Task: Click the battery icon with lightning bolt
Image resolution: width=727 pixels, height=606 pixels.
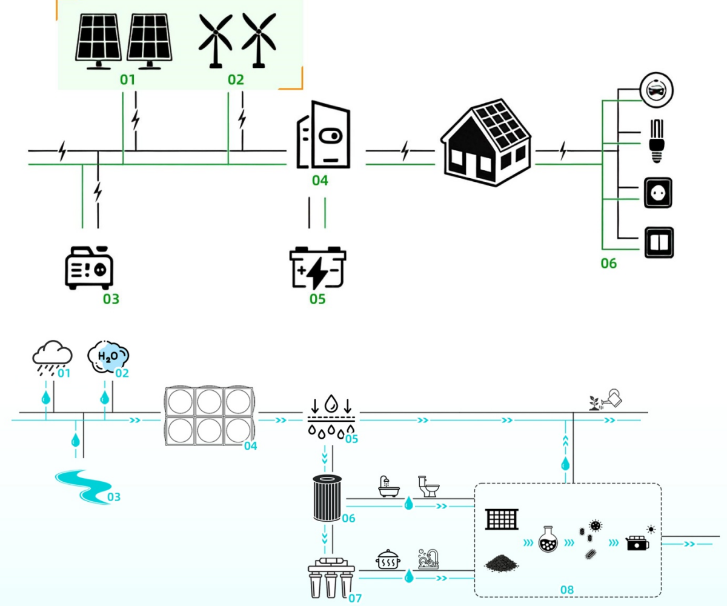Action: pyautogui.click(x=318, y=268)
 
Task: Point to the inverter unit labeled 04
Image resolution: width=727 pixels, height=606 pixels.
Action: pyautogui.click(x=322, y=135)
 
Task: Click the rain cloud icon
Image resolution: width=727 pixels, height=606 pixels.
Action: pyautogui.click(x=52, y=356)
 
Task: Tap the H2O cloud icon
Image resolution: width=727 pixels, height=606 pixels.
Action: pyautogui.click(x=108, y=356)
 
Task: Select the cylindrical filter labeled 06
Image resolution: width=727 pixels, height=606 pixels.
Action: pyautogui.click(x=327, y=498)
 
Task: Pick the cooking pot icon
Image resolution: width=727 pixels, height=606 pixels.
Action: pyautogui.click(x=388, y=561)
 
